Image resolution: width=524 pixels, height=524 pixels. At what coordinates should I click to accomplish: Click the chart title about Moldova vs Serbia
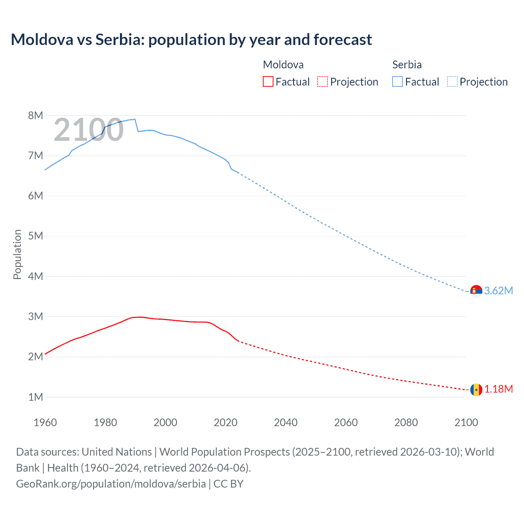[191, 40]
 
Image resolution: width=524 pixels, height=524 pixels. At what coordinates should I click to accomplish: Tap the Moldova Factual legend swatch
[268, 82]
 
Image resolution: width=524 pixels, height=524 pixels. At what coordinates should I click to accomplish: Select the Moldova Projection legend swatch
[323, 82]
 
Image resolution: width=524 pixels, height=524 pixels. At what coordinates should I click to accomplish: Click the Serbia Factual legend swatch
[397, 82]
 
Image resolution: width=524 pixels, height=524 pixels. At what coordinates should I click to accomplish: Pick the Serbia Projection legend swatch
[452, 82]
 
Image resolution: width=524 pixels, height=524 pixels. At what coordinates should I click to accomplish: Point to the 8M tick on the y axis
[36, 115]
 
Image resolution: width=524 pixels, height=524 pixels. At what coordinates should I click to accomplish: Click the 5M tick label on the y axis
[36, 236]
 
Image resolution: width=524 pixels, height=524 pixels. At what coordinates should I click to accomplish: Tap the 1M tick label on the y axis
[36, 397]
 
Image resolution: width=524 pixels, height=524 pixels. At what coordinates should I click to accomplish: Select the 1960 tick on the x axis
[45, 422]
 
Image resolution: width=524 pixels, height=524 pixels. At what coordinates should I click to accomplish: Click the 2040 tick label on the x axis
[286, 422]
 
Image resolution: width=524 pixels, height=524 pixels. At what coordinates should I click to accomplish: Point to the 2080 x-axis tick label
[406, 422]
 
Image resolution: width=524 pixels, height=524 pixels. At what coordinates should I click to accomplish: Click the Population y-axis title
[17, 254]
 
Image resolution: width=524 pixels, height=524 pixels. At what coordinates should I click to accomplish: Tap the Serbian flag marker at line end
[476, 291]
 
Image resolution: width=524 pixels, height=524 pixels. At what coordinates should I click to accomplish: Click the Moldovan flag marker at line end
[476, 389]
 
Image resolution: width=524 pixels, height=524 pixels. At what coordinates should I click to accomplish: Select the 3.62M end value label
[499, 291]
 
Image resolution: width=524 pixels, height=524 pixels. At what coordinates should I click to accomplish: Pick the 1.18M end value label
[499, 389]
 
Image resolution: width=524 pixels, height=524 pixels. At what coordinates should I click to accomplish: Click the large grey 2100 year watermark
[88, 130]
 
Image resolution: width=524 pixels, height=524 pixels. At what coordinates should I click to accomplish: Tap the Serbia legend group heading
[407, 65]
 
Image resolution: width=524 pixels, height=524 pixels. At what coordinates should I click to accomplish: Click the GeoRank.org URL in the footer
[111, 484]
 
